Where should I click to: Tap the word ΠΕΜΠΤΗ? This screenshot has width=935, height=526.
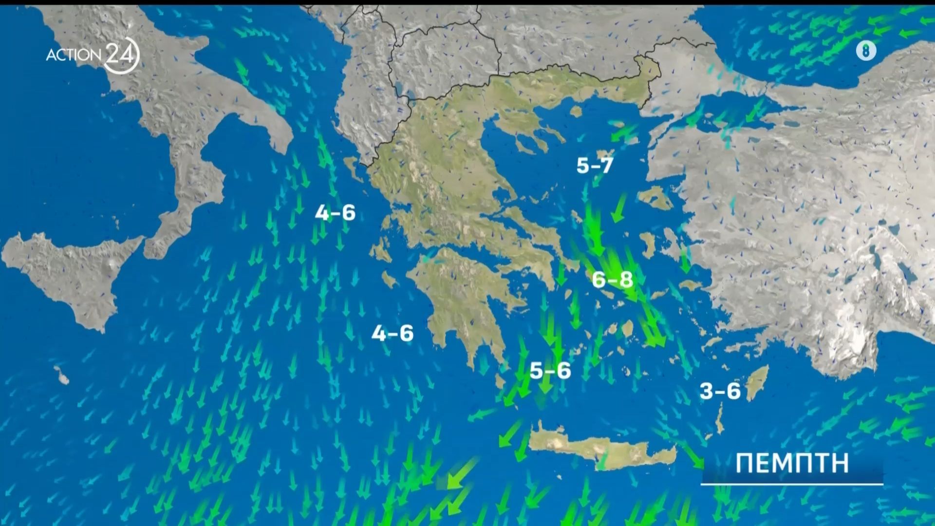792,463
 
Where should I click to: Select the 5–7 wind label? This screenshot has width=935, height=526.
594,166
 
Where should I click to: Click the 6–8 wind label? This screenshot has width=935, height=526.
613,280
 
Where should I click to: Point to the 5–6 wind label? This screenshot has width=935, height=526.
550,371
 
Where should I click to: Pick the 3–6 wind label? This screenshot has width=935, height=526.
720,391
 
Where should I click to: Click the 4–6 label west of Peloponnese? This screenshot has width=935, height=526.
392,334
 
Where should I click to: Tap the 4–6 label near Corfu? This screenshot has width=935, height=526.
335,213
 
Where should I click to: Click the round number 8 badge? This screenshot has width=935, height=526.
866,50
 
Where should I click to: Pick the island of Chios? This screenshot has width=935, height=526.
648,243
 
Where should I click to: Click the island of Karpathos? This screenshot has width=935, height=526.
719,420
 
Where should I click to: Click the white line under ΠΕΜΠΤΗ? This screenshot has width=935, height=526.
792,484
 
